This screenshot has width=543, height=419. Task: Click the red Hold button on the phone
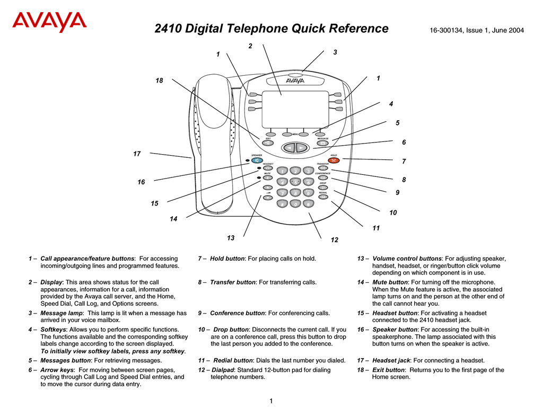(x=334, y=160)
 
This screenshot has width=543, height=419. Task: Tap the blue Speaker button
(x=257, y=160)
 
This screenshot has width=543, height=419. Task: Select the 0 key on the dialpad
(x=296, y=204)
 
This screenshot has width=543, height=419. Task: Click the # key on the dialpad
(x=309, y=204)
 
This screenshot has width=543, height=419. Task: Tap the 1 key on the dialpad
(x=283, y=171)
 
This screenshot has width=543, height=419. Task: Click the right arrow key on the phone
(x=301, y=148)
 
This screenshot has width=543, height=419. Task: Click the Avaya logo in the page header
(x=49, y=22)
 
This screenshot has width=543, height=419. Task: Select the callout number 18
(x=159, y=81)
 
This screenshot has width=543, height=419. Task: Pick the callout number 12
(x=334, y=240)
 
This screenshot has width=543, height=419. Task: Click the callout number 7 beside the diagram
(x=404, y=161)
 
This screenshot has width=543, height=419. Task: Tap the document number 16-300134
(x=446, y=30)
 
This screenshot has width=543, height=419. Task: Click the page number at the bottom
(x=271, y=400)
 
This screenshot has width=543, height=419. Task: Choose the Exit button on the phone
(x=268, y=142)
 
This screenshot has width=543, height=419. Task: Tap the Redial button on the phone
(x=323, y=197)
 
